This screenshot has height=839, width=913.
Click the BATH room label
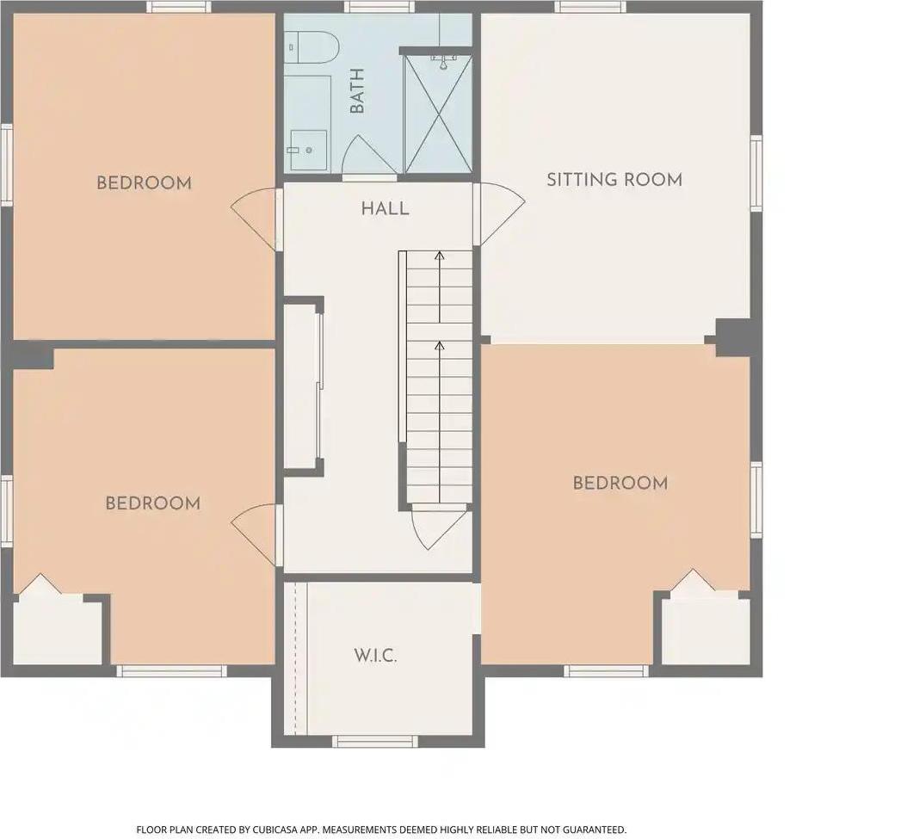[x=357, y=91]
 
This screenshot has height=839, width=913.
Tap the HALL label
[x=385, y=208]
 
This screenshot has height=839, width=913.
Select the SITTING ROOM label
[x=614, y=180]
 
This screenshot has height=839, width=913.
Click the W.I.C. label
[x=375, y=656]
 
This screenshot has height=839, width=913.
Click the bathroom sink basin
[x=307, y=150]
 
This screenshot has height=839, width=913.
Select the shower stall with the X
[x=438, y=113]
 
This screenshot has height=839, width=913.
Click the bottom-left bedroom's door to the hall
[x=256, y=531]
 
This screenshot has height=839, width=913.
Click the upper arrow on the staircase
[x=440, y=256]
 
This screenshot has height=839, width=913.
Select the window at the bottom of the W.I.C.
[x=374, y=740]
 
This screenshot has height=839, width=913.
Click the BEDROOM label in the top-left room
[x=144, y=182]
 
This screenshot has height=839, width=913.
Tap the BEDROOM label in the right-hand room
[x=620, y=483]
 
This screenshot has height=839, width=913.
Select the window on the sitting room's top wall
[x=589, y=7]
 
